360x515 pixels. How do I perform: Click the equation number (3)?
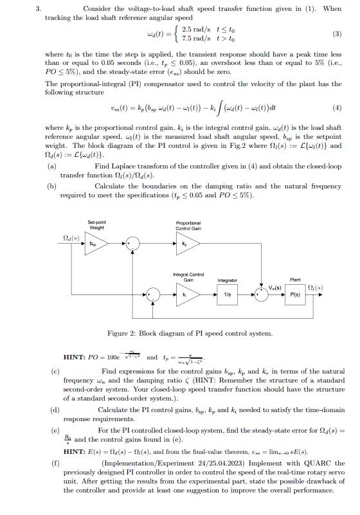(x=336, y=33)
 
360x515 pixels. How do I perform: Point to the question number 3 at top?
(x=38, y=9)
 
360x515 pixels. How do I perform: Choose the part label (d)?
(x=51, y=409)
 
